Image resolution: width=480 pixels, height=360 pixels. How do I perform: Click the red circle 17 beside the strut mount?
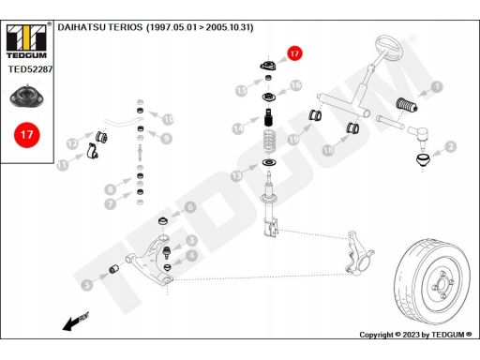294,53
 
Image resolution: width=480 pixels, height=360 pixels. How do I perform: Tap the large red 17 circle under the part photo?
27,135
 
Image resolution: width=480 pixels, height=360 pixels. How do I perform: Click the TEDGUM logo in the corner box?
27,41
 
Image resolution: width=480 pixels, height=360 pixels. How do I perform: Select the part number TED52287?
30,69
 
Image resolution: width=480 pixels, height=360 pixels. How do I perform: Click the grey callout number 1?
437,86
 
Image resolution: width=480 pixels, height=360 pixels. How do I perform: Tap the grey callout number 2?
451,146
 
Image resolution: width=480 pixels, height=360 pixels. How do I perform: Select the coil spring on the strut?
269,142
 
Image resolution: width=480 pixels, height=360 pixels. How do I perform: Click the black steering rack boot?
407,105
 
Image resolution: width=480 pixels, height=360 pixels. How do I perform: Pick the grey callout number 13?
237,176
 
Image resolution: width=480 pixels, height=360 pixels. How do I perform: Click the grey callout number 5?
87,285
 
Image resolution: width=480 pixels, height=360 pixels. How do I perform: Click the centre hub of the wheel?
442,284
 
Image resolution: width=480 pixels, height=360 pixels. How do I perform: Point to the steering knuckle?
358,254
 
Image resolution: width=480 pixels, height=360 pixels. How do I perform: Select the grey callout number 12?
72,143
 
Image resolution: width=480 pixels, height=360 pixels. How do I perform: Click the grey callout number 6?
190,207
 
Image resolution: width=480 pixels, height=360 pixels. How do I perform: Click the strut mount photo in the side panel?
27,96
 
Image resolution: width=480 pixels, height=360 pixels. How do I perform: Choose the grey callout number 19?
293,140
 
